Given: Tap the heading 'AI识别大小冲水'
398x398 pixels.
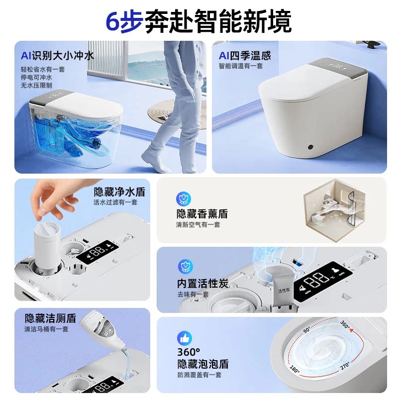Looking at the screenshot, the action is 57,56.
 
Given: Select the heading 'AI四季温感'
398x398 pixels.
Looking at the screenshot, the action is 245,56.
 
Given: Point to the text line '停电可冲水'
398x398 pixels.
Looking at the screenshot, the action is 36,77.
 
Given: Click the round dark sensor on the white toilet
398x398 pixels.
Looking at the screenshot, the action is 310,147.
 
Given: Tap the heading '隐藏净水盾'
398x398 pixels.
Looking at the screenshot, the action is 119,192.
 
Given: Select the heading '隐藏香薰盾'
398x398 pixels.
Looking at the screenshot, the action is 202,214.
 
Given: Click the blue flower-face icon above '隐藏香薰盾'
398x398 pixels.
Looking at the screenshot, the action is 184,199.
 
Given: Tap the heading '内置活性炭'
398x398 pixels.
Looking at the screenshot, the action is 202,284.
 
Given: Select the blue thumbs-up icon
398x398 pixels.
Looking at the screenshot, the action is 185,338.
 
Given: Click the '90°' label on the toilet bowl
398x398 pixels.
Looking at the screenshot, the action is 306,330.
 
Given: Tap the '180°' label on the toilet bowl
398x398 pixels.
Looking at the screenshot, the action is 295,369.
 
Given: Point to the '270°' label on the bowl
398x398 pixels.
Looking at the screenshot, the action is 345,366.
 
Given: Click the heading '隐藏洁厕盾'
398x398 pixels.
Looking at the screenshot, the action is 51,318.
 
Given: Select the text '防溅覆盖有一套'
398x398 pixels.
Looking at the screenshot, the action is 199,375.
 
